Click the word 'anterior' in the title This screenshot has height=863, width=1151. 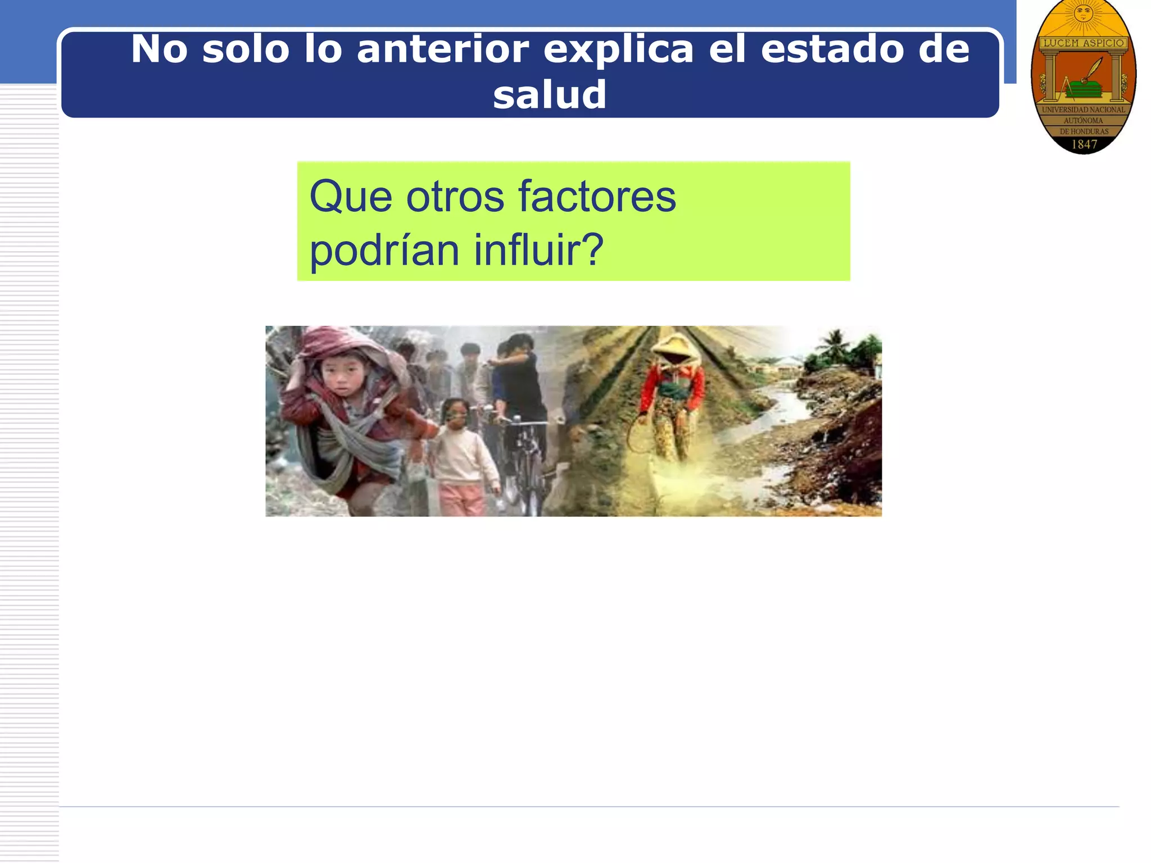coord(442,49)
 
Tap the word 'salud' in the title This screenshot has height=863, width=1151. coord(549,94)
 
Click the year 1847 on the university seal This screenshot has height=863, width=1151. coord(1084,144)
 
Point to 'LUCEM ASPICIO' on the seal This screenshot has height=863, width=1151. coord(1084,43)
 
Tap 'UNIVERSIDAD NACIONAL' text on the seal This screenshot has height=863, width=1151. coord(1084,110)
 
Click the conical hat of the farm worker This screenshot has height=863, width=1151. coord(676,343)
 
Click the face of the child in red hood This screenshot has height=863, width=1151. coord(341,374)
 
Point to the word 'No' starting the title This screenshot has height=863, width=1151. coord(159,49)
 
